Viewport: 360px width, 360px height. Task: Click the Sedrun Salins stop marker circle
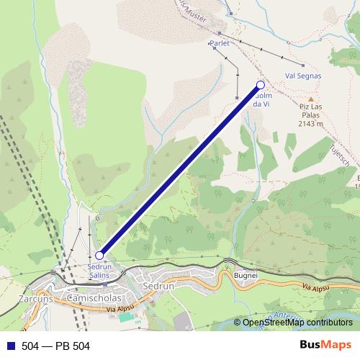(x=99, y=255)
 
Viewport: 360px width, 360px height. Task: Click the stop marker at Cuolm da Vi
(x=261, y=86)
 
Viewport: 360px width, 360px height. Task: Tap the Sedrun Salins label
(x=99, y=270)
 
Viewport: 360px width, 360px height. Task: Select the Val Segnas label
(x=303, y=75)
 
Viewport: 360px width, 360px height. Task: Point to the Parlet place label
(x=219, y=43)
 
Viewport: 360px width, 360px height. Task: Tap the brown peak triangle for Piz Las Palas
(x=311, y=99)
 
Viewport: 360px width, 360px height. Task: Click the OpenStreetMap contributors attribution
(x=297, y=323)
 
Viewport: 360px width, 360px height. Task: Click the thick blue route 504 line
(x=180, y=170)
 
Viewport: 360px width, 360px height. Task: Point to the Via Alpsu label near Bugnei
(x=316, y=287)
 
